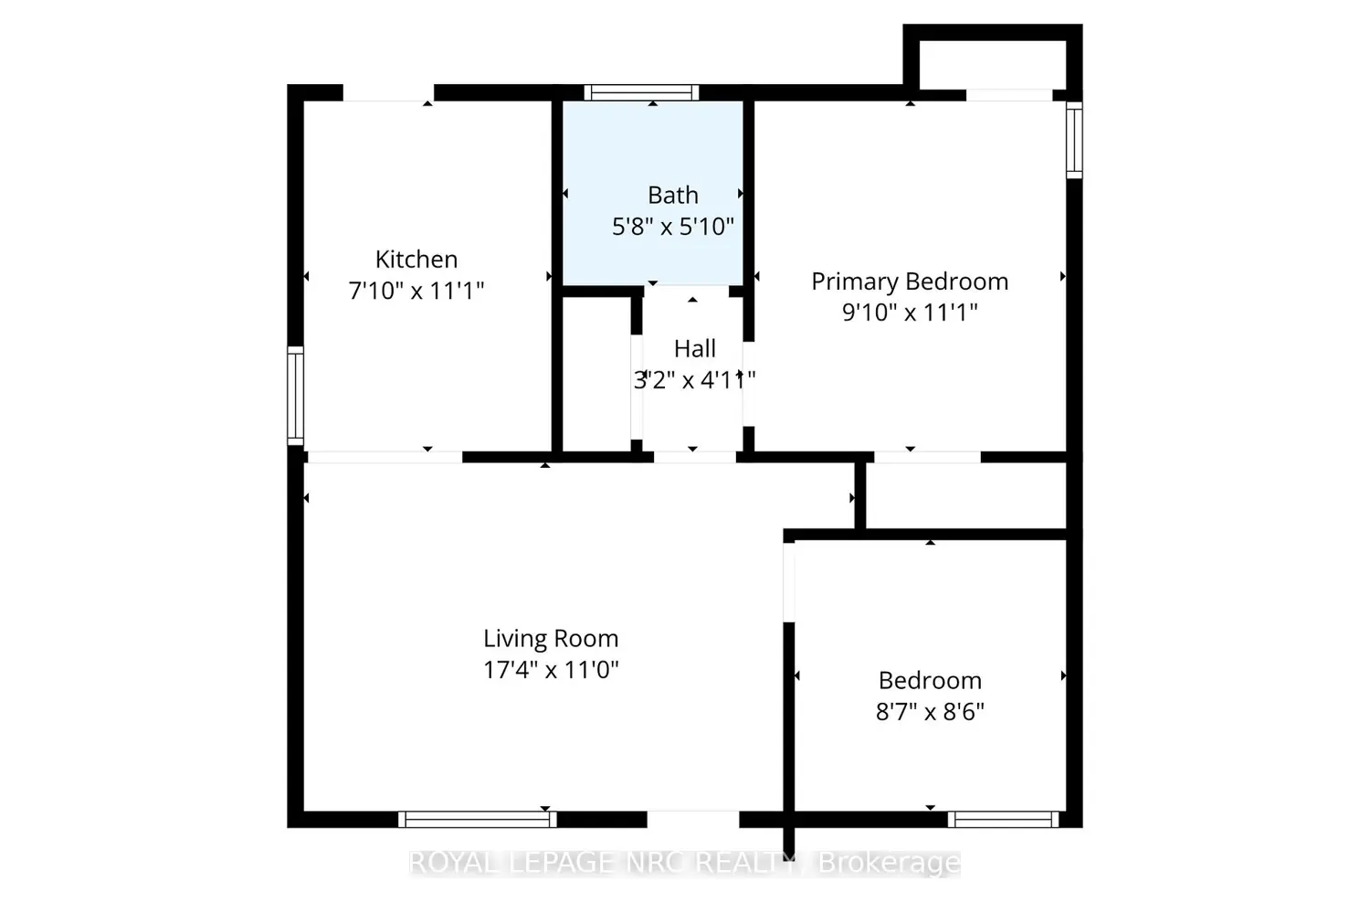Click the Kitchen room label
pyautogui.click(x=416, y=260)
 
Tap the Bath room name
pyautogui.click(x=673, y=196)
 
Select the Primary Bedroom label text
pyautogui.click(x=910, y=282)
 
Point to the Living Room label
pyautogui.click(x=551, y=639)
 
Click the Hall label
pyautogui.click(x=695, y=349)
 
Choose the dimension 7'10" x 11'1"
pyautogui.click(x=416, y=291)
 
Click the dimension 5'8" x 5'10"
pyautogui.click(x=673, y=227)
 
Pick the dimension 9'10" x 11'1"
pyautogui.click(x=910, y=313)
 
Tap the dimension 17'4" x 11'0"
pyautogui.click(x=551, y=670)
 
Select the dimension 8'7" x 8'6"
pyautogui.click(x=930, y=712)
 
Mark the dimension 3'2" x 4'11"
pyautogui.click(x=695, y=380)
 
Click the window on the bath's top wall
pyautogui.click(x=641, y=92)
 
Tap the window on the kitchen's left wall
pyautogui.click(x=295, y=396)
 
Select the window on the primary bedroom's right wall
pyautogui.click(x=1075, y=141)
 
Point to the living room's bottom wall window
pyautogui.click(x=477, y=819)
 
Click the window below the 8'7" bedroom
pyautogui.click(x=1003, y=819)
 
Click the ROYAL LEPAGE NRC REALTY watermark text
pyautogui.click(x=603, y=863)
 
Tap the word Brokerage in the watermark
pyautogui.click(x=890, y=863)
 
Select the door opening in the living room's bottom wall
pyautogui.click(x=693, y=819)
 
